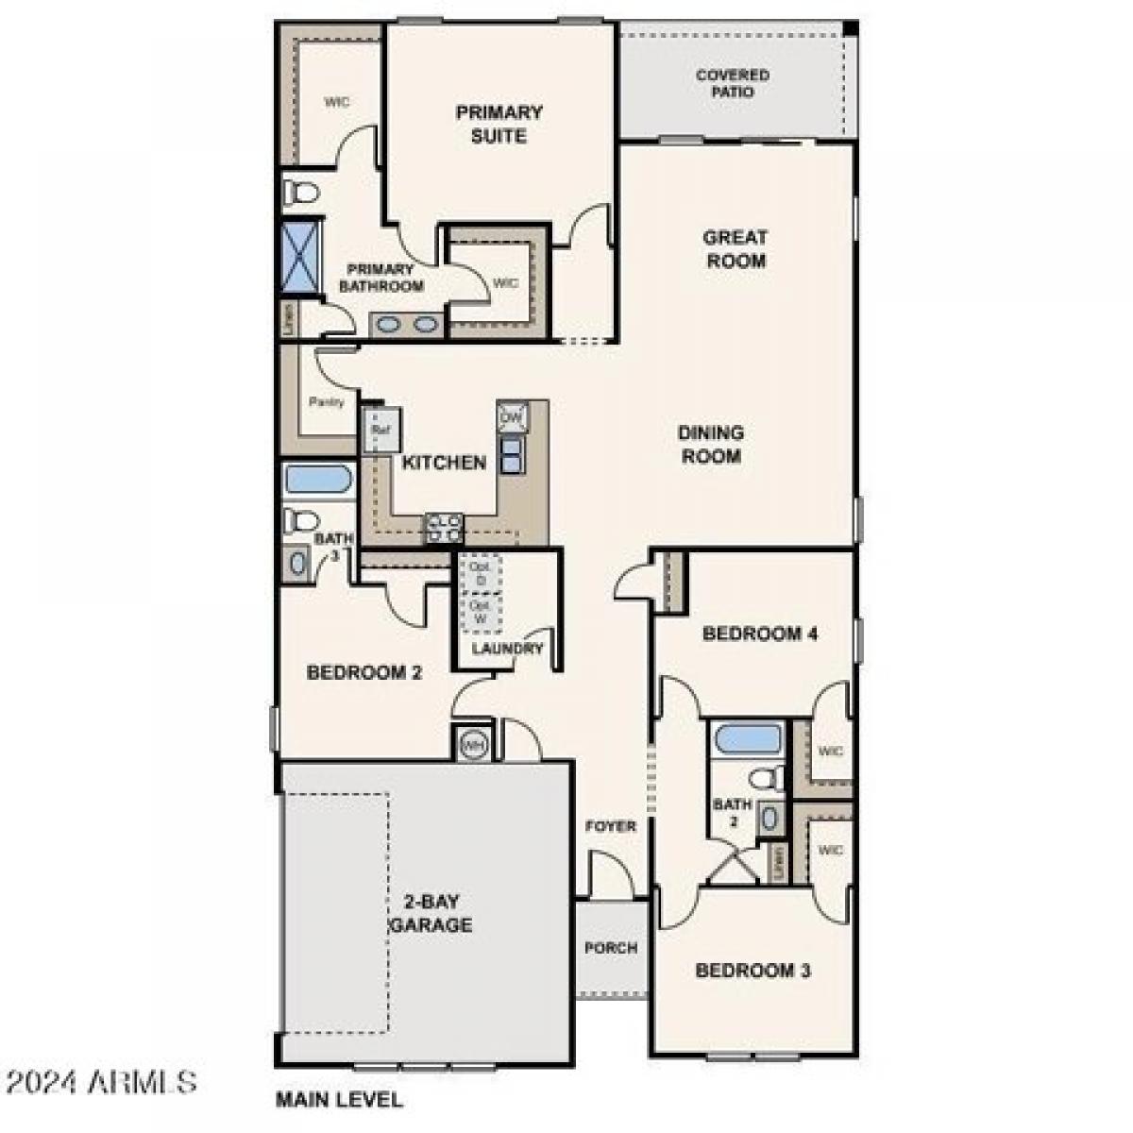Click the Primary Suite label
[499, 124]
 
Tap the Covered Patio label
[733, 83]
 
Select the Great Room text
[736, 248]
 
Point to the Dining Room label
[710, 444]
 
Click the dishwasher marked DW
[511, 416]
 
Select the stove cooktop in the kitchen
[443, 527]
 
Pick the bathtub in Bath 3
[318, 479]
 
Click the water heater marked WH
[473, 745]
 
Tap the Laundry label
[508, 649]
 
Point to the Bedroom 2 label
[364, 673]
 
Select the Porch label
[611, 947]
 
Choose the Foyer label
[611, 826]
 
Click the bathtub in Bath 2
[748, 738]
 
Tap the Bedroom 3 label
[753, 971]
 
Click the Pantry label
[327, 401]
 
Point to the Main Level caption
[339, 1099]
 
